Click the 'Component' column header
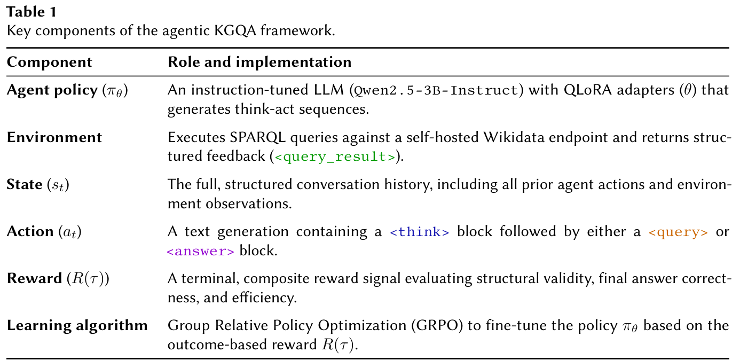point(49,62)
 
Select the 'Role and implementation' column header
point(259,62)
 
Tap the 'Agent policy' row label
point(52,90)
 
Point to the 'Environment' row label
point(54,137)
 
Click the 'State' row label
point(25,184)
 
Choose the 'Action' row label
point(30,231)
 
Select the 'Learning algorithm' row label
point(77,325)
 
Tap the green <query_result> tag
point(334,157)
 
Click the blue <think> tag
point(420,232)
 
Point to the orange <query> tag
point(678,232)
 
